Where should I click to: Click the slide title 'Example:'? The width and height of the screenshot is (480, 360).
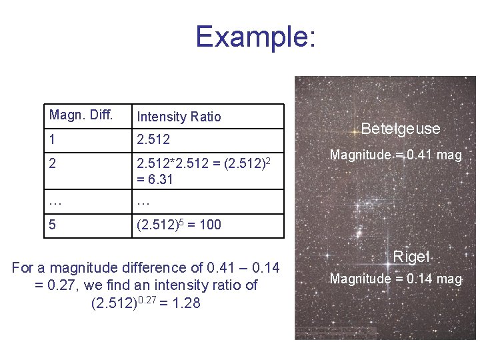pyautogui.click(x=255, y=37)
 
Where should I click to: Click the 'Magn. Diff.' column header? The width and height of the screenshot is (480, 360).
pyautogui.click(x=81, y=115)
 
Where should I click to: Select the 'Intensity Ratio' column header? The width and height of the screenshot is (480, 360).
pyautogui.click(x=179, y=117)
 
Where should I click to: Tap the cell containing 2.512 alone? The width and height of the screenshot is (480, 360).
pyautogui.click(x=153, y=139)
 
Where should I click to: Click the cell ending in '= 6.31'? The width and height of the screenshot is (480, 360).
pyautogui.click(x=155, y=179)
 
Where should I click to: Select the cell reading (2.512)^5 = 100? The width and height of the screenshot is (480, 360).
pyautogui.click(x=179, y=225)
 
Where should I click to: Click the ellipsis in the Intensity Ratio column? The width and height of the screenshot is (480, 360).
pyautogui.click(x=143, y=201)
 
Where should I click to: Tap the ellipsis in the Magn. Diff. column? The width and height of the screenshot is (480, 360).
pyautogui.click(x=55, y=201)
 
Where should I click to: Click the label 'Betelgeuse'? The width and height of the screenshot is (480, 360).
pyautogui.click(x=401, y=129)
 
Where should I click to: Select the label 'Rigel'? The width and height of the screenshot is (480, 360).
pyautogui.click(x=411, y=257)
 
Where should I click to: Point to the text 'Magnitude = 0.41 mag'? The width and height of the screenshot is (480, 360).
pyautogui.click(x=395, y=155)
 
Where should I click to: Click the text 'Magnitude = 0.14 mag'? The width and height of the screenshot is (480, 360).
pyautogui.click(x=396, y=279)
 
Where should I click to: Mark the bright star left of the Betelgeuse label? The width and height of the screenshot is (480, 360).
pyautogui.click(x=355, y=132)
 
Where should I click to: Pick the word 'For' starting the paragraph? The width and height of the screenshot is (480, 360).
pyautogui.click(x=23, y=268)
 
